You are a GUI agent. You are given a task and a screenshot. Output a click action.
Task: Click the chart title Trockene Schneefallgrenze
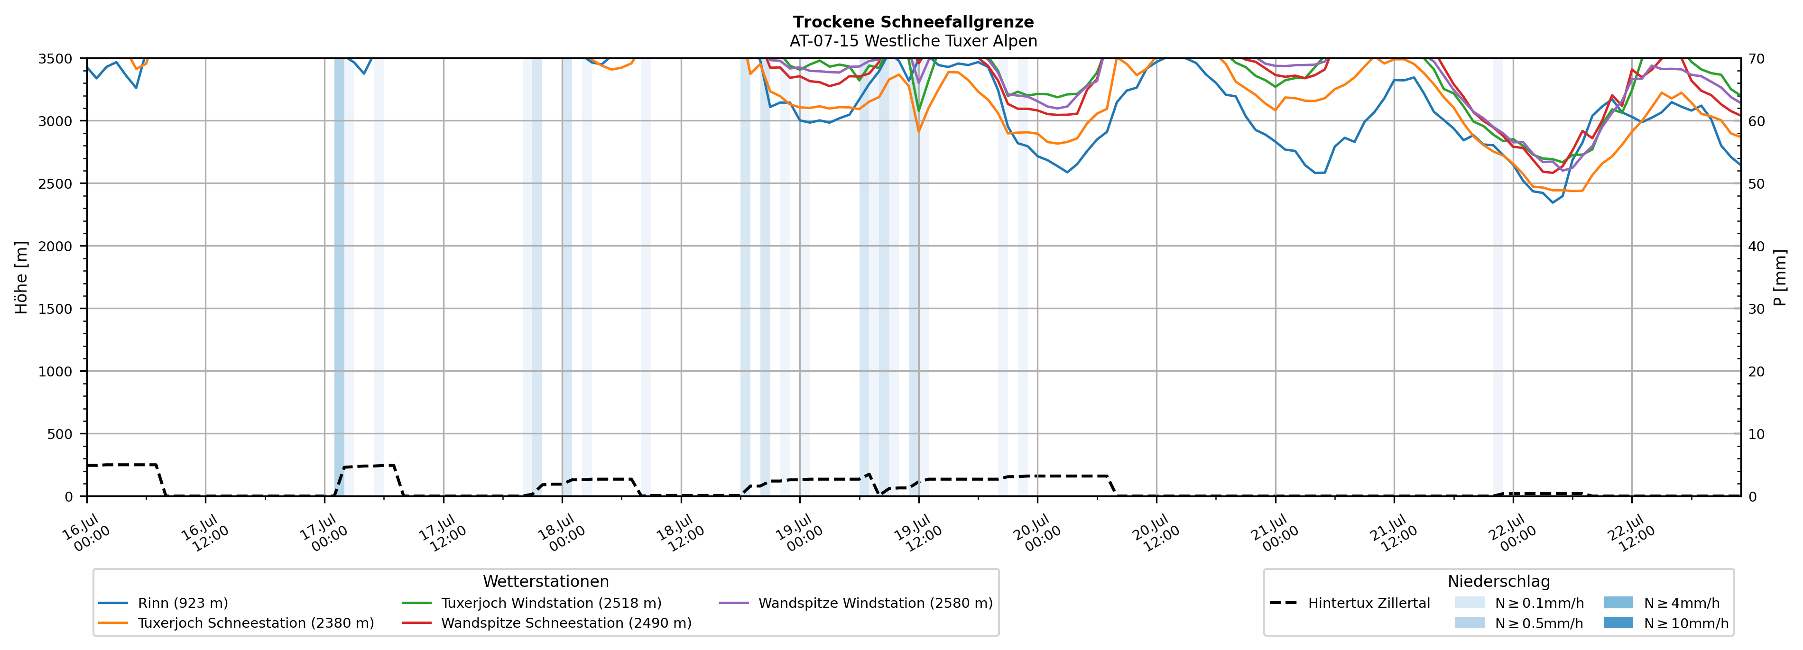914,22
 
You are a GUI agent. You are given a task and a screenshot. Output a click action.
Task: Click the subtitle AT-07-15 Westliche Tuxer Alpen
914,41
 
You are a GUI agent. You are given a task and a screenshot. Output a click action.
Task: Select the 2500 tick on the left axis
55,184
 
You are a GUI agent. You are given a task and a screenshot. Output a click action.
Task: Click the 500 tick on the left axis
60,434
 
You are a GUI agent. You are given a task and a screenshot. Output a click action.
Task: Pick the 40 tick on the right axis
1757,246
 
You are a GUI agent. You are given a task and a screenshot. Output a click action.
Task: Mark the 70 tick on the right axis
1757,59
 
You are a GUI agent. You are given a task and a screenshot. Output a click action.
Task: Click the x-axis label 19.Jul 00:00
799,532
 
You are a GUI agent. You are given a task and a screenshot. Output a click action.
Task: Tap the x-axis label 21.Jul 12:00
1393,532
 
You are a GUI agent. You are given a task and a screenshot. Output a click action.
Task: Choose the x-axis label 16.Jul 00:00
86,532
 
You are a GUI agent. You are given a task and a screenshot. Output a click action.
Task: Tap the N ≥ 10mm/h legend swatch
1618,623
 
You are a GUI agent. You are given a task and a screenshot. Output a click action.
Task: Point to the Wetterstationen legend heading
546,581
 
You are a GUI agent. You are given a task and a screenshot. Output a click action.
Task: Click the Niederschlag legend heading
1498,581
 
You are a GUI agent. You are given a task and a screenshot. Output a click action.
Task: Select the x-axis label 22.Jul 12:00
1631,532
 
